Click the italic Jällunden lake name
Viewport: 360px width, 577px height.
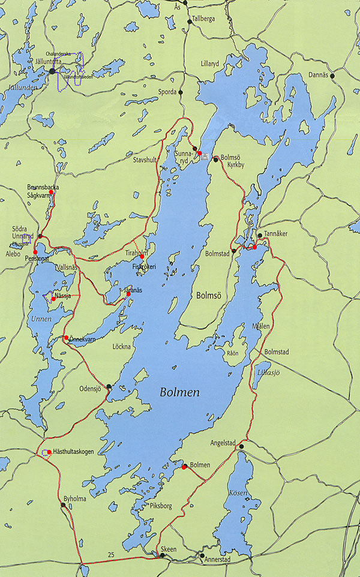pos(19,87)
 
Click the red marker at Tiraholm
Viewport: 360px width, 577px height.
pos(142,257)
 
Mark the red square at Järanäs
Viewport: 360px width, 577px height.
pos(128,294)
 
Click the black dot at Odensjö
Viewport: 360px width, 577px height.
pos(109,386)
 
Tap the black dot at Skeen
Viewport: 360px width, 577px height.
pos(162,556)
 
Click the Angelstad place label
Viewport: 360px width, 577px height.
pos(224,443)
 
